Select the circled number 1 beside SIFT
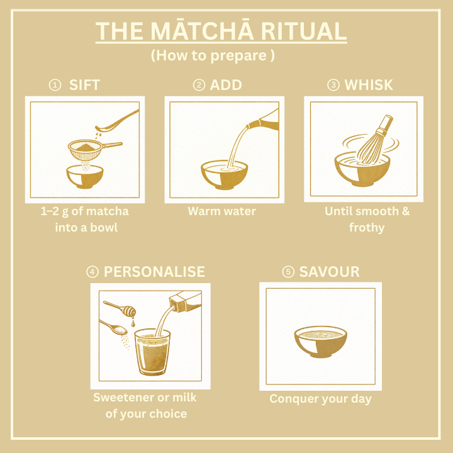pyautogui.click(x=55, y=85)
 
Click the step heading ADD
pyautogui.click(x=226, y=85)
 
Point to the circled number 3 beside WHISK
pyautogui.click(x=333, y=85)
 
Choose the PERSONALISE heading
pyautogui.click(x=154, y=272)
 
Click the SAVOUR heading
pyautogui.click(x=329, y=272)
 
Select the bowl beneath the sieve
pyautogui.click(x=85, y=177)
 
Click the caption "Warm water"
pyautogui.click(x=222, y=211)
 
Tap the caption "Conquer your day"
pyautogui.click(x=320, y=399)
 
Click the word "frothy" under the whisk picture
pyautogui.click(x=367, y=227)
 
